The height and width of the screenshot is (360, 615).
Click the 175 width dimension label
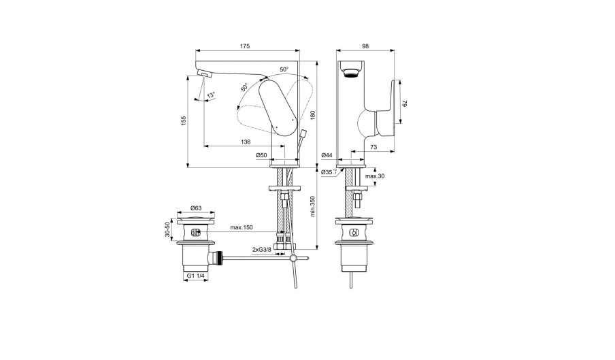(244, 46)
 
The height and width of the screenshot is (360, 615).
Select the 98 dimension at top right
(365, 46)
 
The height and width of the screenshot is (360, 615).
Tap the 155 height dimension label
(183, 120)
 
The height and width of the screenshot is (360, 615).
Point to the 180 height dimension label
(312, 115)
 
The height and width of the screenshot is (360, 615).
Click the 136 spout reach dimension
(246, 142)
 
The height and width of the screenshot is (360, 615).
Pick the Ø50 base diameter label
(261, 155)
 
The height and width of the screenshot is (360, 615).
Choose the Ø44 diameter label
(327, 155)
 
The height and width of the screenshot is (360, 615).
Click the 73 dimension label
(373, 147)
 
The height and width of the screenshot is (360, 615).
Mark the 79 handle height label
(405, 103)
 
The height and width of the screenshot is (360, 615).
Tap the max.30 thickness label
(375, 176)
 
